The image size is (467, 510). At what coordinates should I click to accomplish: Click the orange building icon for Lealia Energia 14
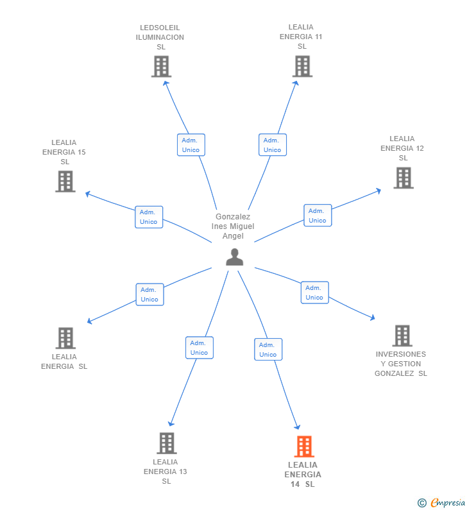coord(304,446)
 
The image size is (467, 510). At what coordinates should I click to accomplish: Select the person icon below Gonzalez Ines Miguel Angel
coord(235,257)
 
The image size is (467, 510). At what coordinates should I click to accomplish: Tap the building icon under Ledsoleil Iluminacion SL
coord(161,66)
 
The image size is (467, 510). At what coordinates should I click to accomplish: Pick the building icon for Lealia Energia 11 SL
coord(302,66)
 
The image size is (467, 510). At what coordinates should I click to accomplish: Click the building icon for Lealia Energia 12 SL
coord(403,178)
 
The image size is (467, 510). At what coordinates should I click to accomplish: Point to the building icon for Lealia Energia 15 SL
coord(65,182)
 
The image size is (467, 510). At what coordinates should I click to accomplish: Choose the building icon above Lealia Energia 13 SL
coord(167,443)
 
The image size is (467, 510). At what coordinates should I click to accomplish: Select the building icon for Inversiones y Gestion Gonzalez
coord(402,336)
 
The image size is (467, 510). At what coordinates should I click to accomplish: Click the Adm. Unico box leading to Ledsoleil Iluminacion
coord(191,145)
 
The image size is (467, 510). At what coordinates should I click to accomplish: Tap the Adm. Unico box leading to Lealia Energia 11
coord(273,145)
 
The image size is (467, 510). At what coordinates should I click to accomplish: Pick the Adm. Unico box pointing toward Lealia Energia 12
coord(318,216)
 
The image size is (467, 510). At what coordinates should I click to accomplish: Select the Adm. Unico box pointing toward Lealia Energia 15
coord(149,217)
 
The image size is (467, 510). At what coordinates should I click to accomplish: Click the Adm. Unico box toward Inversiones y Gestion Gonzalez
coord(315,293)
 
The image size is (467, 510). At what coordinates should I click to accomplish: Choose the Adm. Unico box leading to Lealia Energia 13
coord(200,348)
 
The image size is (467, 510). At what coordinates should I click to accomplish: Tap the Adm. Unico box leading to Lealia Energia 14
coord(268,350)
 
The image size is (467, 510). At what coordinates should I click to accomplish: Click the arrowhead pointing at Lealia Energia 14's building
coord(297,427)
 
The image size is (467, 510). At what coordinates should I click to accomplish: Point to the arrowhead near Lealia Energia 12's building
coord(378,191)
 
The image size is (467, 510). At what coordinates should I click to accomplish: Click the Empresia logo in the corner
coord(441,503)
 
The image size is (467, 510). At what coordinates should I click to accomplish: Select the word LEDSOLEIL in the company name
coord(160,28)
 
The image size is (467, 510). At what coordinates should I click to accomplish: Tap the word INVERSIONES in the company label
coord(401,354)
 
